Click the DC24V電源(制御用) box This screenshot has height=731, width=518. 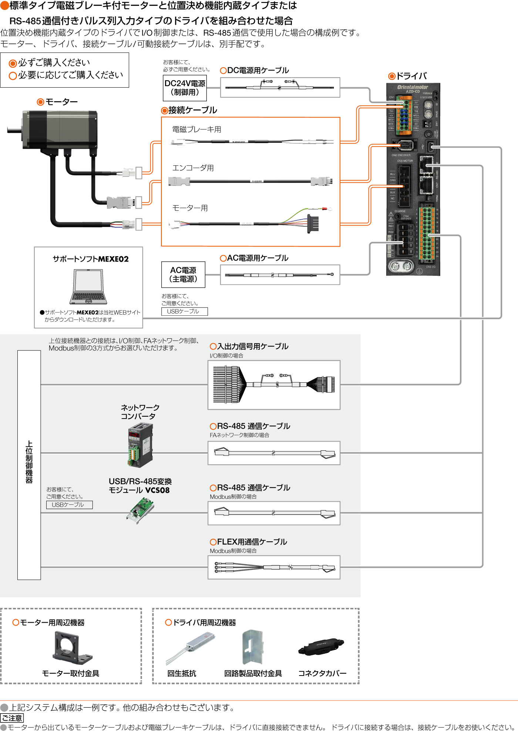(185, 88)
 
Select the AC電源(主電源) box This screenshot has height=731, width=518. (183, 275)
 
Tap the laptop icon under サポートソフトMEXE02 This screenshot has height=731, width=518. (88, 287)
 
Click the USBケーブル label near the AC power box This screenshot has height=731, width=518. (184, 311)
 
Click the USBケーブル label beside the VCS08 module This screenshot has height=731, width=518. (69, 505)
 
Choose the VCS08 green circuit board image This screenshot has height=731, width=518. (140, 510)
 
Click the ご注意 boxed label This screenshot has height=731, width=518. (12, 718)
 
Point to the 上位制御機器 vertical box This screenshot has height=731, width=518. (29, 465)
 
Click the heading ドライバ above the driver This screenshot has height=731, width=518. (411, 76)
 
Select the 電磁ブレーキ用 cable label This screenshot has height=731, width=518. (196, 129)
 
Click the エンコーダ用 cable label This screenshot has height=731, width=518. (193, 168)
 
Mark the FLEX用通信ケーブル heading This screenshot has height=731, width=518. (252, 542)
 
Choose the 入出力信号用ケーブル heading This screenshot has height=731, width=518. (252, 346)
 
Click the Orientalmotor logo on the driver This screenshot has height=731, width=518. (412, 87)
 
